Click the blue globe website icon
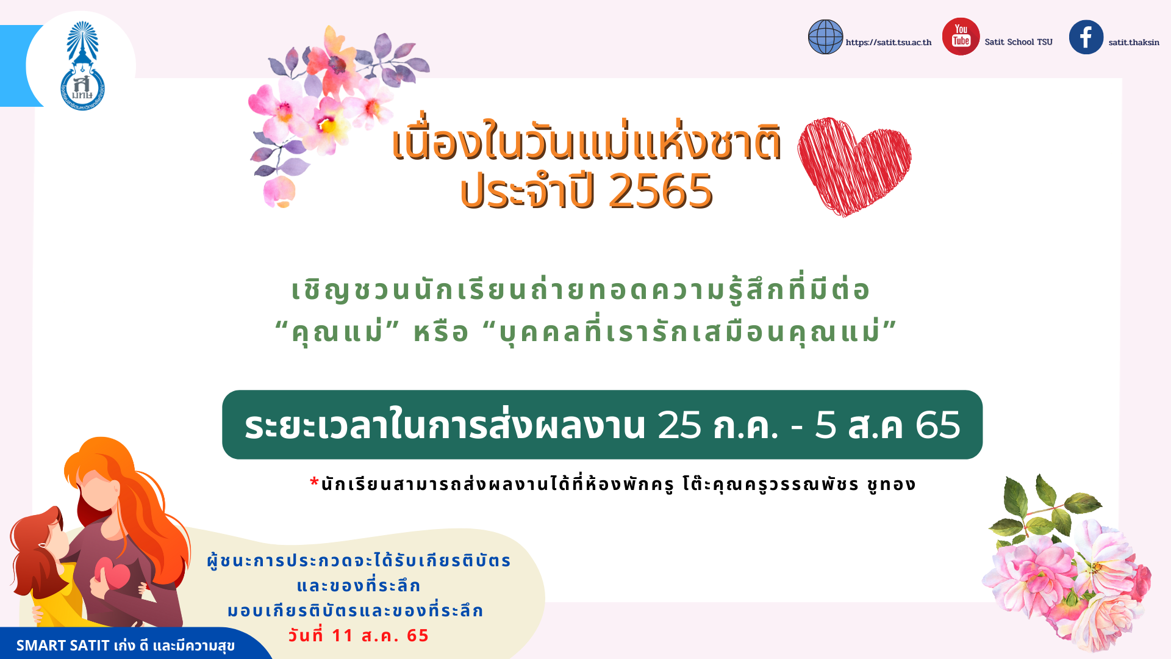click(825, 37)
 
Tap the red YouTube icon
click(961, 37)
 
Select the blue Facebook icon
click(1086, 37)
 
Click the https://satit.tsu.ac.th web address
click(889, 43)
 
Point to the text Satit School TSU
click(1019, 42)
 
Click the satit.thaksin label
click(1134, 43)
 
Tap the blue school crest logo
click(82, 66)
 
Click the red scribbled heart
click(854, 166)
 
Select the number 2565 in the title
click(661, 191)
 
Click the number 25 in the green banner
click(679, 425)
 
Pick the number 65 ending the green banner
click(938, 425)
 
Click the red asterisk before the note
click(315, 483)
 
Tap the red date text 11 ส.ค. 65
click(359, 635)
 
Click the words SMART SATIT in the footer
click(63, 646)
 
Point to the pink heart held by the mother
click(112, 574)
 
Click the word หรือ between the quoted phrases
click(441, 333)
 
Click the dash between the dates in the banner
click(797, 427)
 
